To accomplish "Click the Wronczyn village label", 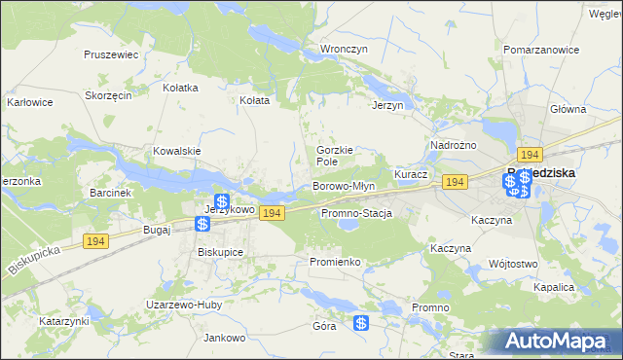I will pyautogui.click(x=343, y=48).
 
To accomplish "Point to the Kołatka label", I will pyautogui.click(x=180, y=88).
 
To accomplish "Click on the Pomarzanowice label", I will pyautogui.click(x=535, y=48).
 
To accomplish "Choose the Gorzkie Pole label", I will pyautogui.click(x=333, y=156).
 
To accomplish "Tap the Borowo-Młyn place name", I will pyautogui.click(x=343, y=186).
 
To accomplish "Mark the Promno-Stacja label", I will pyautogui.click(x=355, y=213).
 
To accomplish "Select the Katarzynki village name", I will pyautogui.click(x=64, y=320).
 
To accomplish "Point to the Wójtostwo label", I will pyautogui.click(x=514, y=264).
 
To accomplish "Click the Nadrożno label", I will pyautogui.click(x=453, y=145).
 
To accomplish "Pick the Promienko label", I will pyautogui.click(x=335, y=263).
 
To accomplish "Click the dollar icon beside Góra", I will pyautogui.click(x=361, y=323).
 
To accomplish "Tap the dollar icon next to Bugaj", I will pyautogui.click(x=202, y=225).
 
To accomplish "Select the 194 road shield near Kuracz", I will pyautogui.click(x=455, y=182).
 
